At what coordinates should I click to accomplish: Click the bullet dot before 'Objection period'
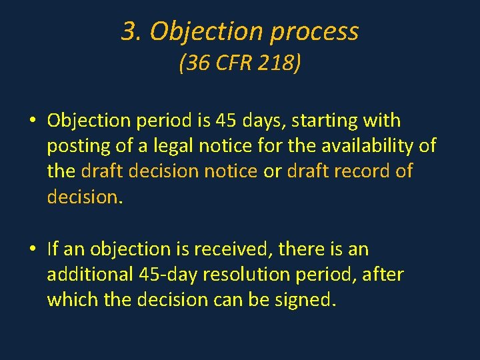(x=32, y=122)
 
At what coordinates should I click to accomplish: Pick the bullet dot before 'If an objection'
(x=32, y=250)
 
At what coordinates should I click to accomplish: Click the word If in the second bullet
(x=53, y=249)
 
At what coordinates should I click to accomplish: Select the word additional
(x=89, y=274)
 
